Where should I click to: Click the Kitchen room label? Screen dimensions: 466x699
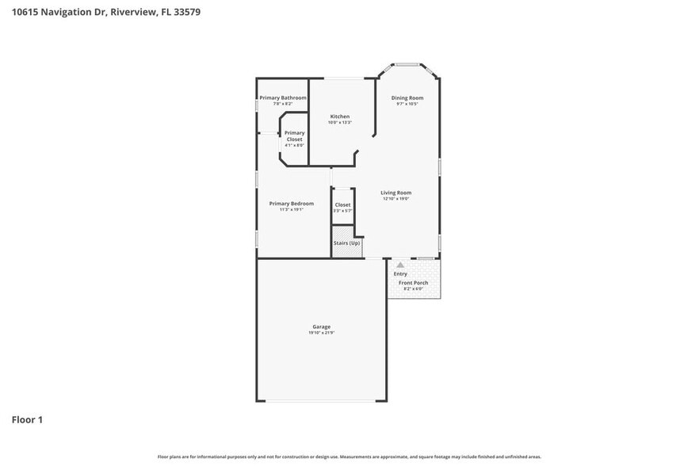tap(340, 116)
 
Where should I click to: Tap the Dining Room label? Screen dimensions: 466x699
tap(407, 97)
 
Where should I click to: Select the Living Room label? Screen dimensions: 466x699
tap(396, 193)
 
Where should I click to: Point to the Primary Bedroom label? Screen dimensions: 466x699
tap(291, 204)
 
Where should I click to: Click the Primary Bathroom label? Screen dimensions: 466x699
tap(283, 97)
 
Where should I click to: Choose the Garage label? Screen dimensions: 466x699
tap(321, 327)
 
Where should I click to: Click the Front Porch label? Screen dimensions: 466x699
tap(413, 283)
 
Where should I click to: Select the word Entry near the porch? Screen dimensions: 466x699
tap(400, 273)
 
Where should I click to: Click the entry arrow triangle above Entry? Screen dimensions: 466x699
tap(400, 265)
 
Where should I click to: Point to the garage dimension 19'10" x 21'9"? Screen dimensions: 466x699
tap(321, 333)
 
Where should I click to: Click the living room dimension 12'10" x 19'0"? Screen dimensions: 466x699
tap(396, 199)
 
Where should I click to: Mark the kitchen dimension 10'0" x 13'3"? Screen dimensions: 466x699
tap(340, 123)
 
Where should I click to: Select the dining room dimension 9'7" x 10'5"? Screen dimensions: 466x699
tap(407, 104)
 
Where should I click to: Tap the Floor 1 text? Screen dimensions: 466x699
tap(27, 419)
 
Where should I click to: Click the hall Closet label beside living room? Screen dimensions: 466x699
tap(342, 204)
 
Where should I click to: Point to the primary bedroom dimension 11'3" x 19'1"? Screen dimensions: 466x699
tap(291, 210)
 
